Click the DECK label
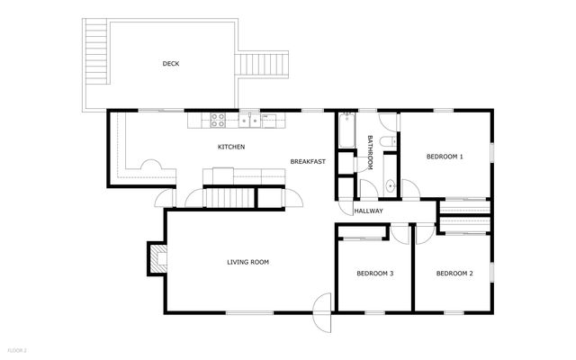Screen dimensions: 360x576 click(x=170, y=63)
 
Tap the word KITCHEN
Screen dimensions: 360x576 click(x=231, y=147)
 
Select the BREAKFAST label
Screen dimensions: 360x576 click(x=306, y=161)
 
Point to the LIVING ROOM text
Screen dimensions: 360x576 click(x=247, y=262)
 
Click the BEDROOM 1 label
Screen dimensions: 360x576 click(x=444, y=157)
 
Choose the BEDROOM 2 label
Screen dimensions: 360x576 click(x=454, y=273)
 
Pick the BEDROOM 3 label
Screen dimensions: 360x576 click(x=374, y=273)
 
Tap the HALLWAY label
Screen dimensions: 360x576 click(x=368, y=211)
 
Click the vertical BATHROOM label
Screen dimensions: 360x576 click(x=370, y=152)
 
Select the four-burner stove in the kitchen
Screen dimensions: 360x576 click(x=219, y=119)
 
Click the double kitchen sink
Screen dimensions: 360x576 click(x=249, y=119)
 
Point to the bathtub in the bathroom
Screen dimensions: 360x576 click(x=347, y=130)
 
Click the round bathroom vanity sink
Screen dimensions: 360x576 click(x=390, y=186)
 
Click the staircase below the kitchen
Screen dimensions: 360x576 click(x=229, y=197)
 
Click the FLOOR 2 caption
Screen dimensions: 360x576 click(x=17, y=348)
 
